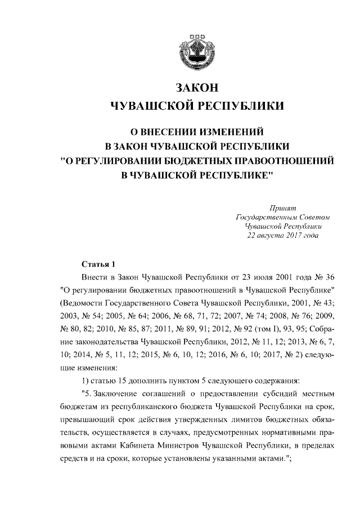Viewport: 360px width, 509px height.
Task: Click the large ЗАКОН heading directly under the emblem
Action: (197, 88)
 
